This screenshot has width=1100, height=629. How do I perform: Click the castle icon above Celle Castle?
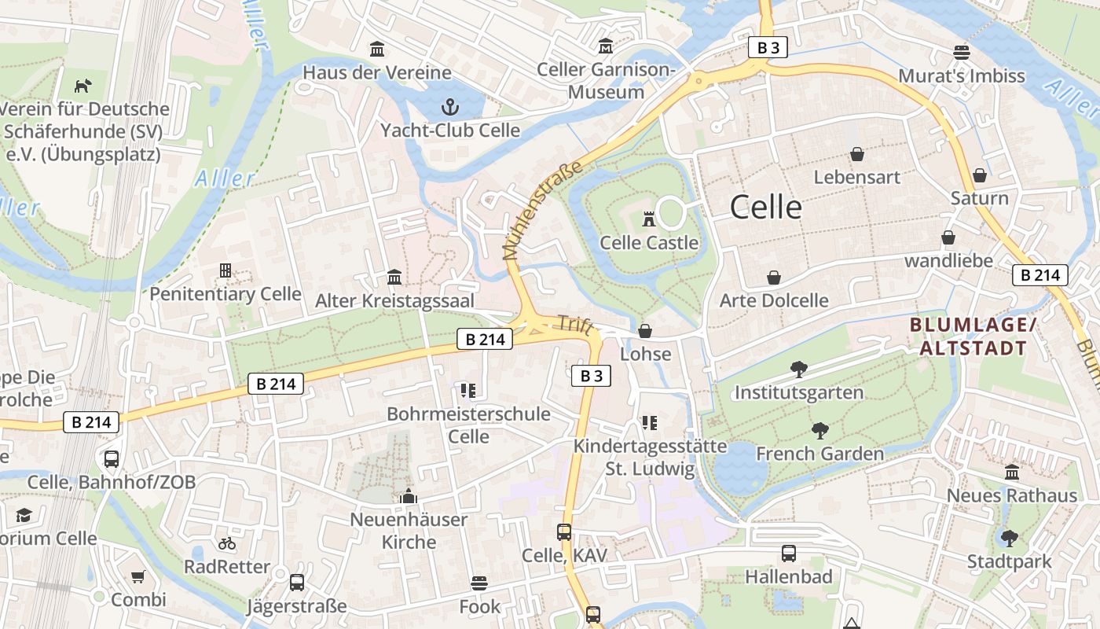point(649,219)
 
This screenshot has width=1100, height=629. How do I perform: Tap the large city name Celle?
point(766,208)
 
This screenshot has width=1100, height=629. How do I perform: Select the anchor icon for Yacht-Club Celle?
point(450,106)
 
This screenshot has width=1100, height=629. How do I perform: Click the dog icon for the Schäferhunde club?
point(82,85)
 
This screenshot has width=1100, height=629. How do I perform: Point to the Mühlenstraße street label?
point(543,210)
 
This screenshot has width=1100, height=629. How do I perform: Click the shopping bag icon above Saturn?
point(979,175)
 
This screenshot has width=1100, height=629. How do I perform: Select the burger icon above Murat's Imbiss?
point(962,53)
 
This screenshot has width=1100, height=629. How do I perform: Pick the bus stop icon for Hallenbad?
point(789,554)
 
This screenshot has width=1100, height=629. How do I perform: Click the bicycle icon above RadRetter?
point(227,543)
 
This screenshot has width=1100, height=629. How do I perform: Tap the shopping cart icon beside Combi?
point(138,577)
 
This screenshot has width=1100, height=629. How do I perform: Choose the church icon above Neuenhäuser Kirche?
point(408,496)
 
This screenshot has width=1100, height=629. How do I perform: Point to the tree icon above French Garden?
point(819,431)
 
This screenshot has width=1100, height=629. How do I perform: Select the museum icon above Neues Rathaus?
point(1012,473)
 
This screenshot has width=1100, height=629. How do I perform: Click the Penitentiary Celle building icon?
point(225,271)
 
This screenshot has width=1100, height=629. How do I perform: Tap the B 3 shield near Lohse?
point(591,376)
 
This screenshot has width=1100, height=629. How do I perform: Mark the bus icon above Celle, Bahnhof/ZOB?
point(112,458)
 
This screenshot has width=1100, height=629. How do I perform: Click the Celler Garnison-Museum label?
point(606,81)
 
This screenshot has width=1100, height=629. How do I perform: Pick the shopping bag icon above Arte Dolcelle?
point(774,278)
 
